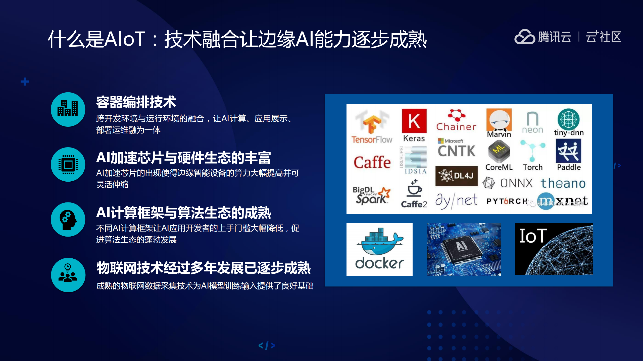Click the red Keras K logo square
[x=414, y=121]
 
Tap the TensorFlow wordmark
[x=372, y=139]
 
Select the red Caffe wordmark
[x=372, y=162]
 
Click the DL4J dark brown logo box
[x=456, y=176]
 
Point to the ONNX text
[x=516, y=183]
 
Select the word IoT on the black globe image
[x=533, y=236]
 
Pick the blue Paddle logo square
[x=568, y=151]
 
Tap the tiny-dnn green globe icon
[x=568, y=120]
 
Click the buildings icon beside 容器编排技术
[x=68, y=109]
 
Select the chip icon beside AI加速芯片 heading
[x=68, y=165]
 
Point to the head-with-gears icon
[x=68, y=220]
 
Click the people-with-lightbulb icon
[x=68, y=275]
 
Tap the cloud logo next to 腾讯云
[x=524, y=37]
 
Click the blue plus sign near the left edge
[x=25, y=82]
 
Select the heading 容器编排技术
[x=136, y=102]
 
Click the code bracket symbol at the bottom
[x=267, y=345]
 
